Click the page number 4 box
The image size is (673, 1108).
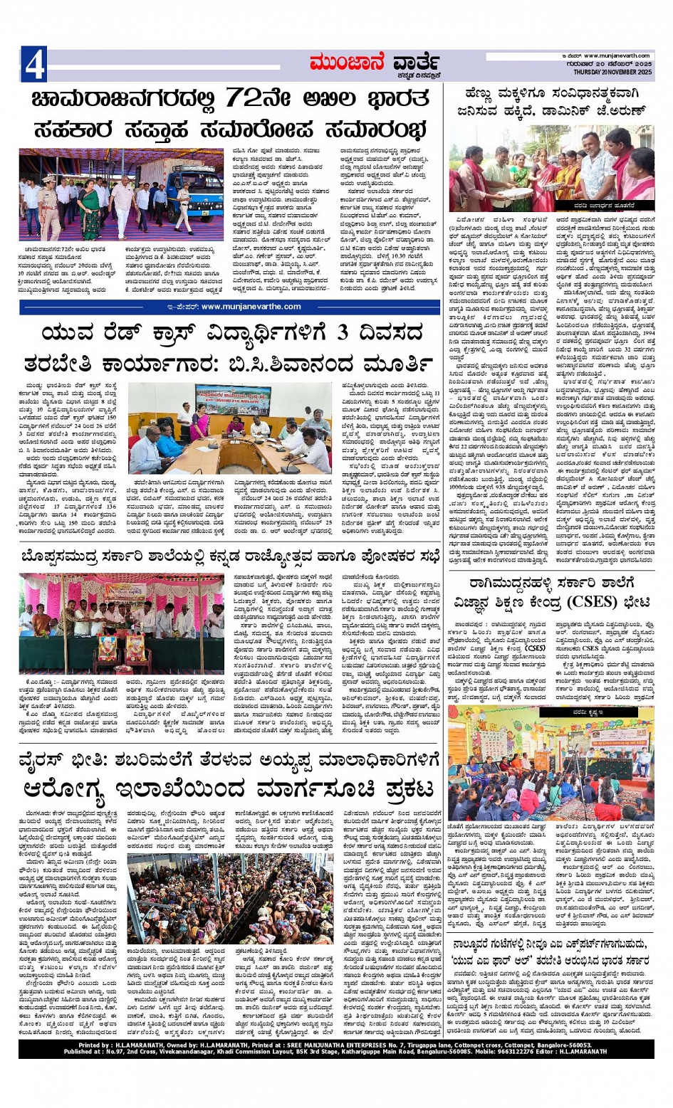pyautogui.click(x=34, y=65)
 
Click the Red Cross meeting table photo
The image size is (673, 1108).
pyautogui.click(x=230, y=427)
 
